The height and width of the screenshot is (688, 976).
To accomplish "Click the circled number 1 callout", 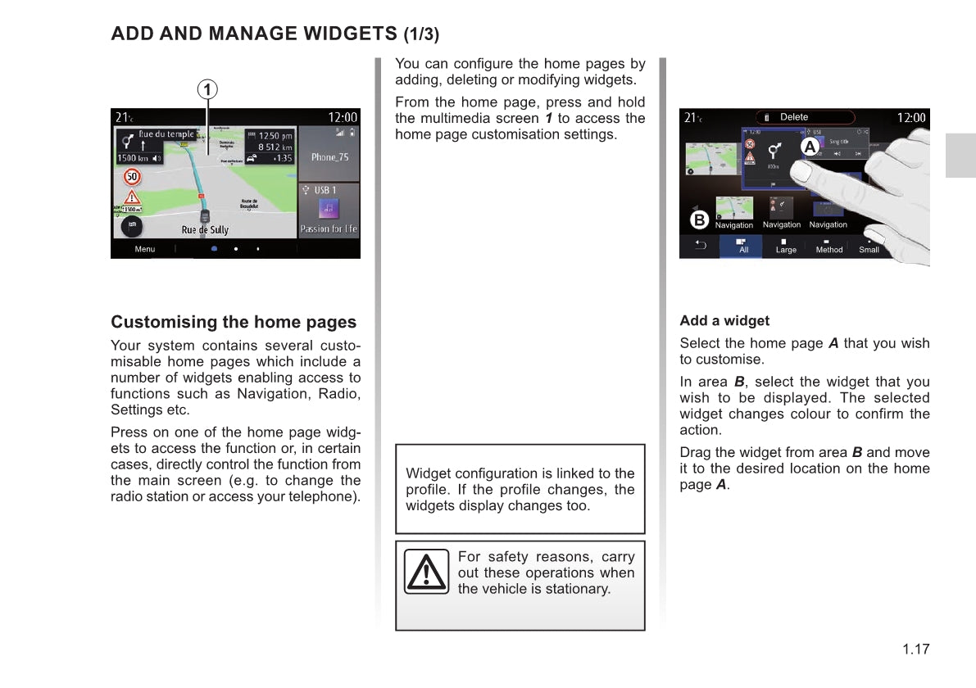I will pyautogui.click(x=208, y=88).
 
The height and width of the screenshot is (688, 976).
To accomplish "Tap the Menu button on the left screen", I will pyautogui.click(x=145, y=249).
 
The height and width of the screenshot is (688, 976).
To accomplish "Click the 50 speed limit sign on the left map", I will pyautogui.click(x=131, y=176).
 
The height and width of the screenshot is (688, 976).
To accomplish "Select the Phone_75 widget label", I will pyautogui.click(x=329, y=156).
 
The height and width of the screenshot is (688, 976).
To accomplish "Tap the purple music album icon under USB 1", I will pyautogui.click(x=329, y=208).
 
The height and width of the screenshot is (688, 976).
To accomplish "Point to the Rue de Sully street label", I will pyautogui.click(x=205, y=230).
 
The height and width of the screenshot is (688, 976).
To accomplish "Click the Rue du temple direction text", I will pyautogui.click(x=166, y=134).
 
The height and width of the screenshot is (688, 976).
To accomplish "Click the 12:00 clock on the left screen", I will pyautogui.click(x=343, y=118).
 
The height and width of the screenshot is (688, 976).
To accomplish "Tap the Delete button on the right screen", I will pyautogui.click(x=793, y=117).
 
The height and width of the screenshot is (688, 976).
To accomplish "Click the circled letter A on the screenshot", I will pyautogui.click(x=810, y=147).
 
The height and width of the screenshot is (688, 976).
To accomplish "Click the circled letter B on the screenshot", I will pyautogui.click(x=699, y=220).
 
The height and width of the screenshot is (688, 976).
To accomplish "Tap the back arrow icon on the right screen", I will pyautogui.click(x=701, y=245).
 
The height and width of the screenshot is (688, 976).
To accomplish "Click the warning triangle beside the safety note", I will pyautogui.click(x=426, y=571).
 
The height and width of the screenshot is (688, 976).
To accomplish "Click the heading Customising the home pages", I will pyautogui.click(x=234, y=322).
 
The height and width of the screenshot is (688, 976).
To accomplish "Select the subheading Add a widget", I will pyautogui.click(x=724, y=321).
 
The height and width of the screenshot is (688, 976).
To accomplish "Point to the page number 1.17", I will pyautogui.click(x=916, y=650).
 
